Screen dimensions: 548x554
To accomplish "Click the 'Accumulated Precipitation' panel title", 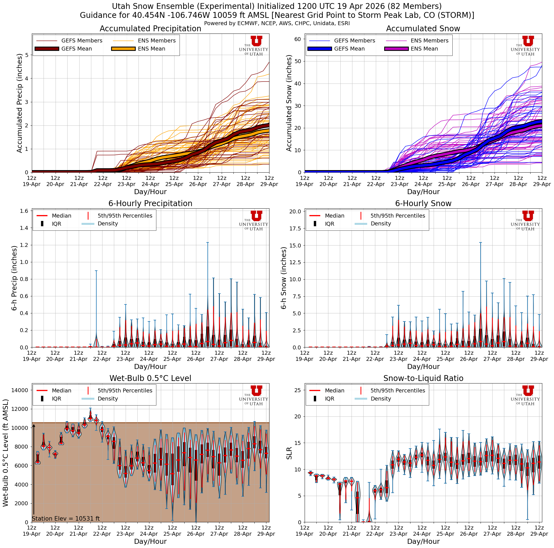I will (x=150, y=29).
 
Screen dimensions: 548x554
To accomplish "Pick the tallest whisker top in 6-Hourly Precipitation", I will (x=207, y=243).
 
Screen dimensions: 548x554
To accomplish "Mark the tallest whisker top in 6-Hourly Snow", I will (x=480, y=243).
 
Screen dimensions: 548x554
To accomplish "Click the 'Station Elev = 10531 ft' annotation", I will (x=66, y=518).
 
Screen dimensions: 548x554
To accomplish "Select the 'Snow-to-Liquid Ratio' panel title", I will (x=423, y=378).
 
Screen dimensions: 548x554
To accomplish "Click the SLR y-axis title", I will (x=289, y=453).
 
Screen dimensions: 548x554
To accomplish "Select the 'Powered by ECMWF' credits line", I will (x=277, y=23).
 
